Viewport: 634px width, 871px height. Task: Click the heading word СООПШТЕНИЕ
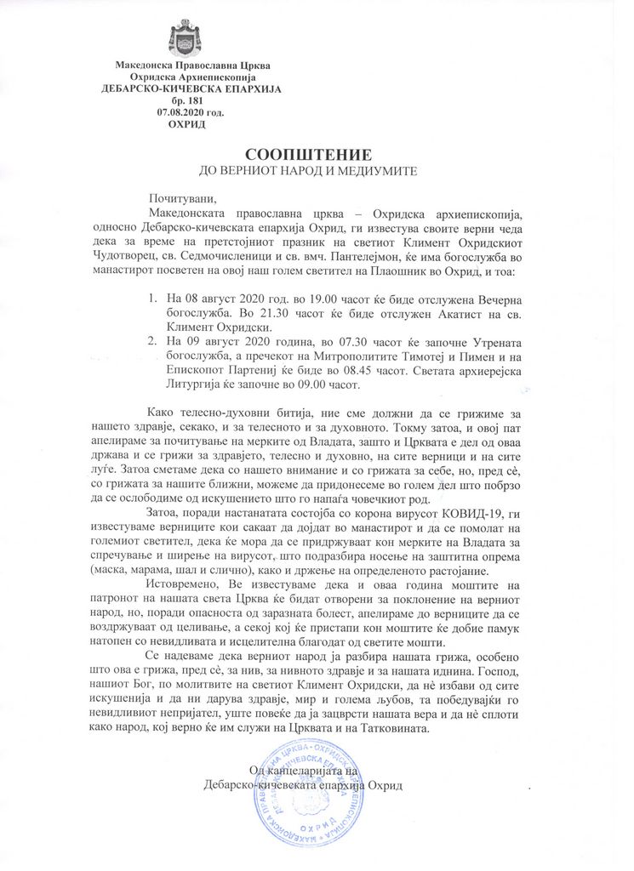[x=308, y=155]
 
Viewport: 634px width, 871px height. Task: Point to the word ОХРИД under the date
[x=186, y=124]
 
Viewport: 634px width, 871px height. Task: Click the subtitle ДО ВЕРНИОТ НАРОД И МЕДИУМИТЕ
[x=307, y=171]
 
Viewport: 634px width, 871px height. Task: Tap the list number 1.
[x=152, y=300]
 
